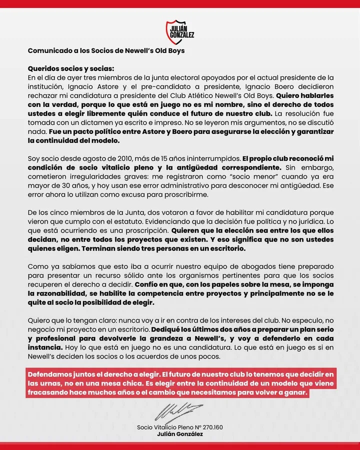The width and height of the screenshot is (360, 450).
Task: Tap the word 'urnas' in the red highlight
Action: (x=56, y=383)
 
